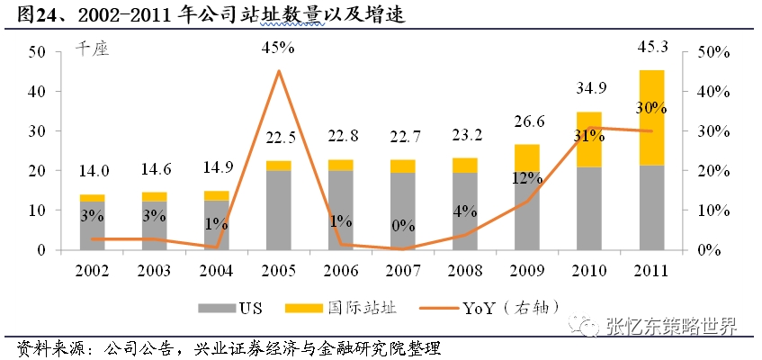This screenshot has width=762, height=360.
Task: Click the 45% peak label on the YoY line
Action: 279,46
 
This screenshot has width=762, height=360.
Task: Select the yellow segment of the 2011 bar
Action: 651,117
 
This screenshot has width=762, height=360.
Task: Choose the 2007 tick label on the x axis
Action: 403,269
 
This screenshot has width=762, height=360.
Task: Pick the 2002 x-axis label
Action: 92,269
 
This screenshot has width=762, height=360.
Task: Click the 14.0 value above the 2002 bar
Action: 92,170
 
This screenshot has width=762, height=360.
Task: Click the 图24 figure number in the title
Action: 27,13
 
